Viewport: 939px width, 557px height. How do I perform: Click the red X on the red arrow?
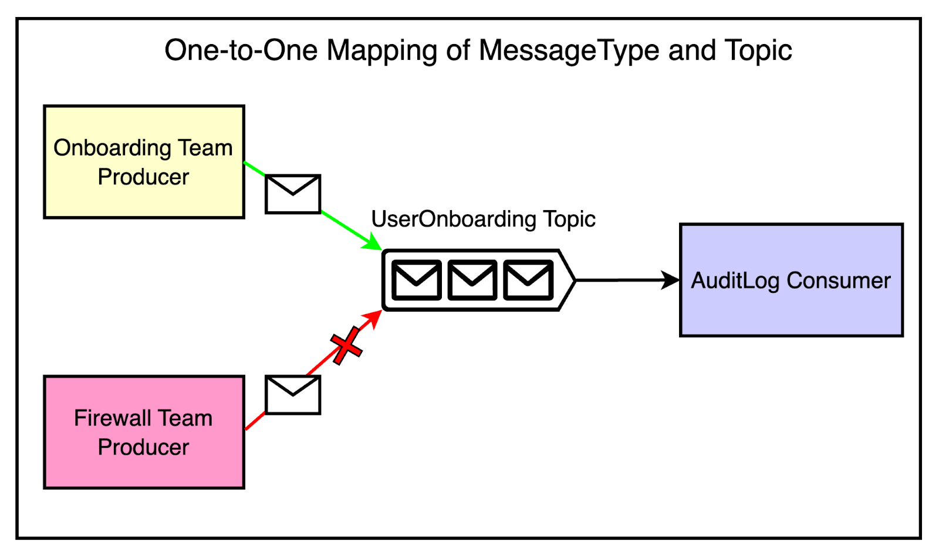(x=346, y=345)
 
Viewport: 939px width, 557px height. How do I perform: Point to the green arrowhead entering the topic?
(x=373, y=243)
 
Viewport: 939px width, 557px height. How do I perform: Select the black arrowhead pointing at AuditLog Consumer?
(x=670, y=280)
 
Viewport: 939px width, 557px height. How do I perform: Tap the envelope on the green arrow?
(x=293, y=194)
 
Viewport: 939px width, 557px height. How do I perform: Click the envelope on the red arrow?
(x=293, y=395)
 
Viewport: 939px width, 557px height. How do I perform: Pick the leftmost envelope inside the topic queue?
(x=416, y=280)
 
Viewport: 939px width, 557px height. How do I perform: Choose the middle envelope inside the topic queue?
(x=472, y=280)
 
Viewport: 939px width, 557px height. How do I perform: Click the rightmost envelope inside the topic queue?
(x=528, y=280)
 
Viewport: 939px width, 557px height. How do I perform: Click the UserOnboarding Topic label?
(x=483, y=220)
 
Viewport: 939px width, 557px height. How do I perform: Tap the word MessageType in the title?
(x=569, y=51)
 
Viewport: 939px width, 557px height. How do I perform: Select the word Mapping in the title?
(x=381, y=51)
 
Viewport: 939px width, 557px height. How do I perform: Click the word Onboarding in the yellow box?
(x=112, y=148)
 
